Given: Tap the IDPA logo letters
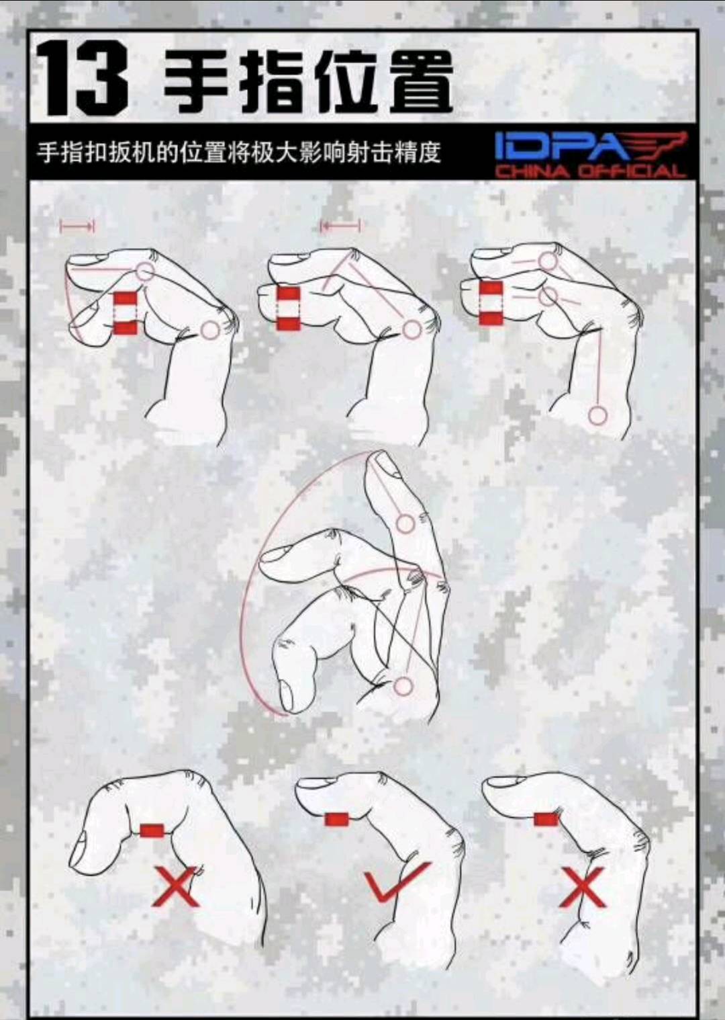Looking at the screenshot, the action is (564, 146).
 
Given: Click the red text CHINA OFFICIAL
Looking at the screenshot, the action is (590, 171).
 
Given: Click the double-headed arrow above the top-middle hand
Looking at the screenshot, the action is (340, 226).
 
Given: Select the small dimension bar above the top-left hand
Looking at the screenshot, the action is (77, 226).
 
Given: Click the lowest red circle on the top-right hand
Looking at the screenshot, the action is (597, 416).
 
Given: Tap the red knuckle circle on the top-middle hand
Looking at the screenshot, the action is (412, 330).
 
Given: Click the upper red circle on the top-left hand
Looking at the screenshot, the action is (146, 272).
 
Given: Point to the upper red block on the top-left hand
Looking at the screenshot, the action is (125, 299).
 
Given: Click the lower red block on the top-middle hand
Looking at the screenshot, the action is (289, 323).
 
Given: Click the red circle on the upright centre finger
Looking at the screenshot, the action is (405, 523).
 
